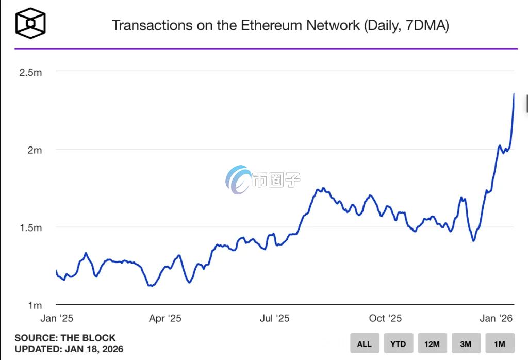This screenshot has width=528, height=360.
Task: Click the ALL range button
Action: [365, 343]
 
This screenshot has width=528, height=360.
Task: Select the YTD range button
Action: [398, 343]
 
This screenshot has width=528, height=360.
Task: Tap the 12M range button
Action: [432, 343]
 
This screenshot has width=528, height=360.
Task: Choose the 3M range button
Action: [466, 343]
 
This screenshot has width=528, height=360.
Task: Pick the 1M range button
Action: [500, 343]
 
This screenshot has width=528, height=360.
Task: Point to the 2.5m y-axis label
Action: [30, 72]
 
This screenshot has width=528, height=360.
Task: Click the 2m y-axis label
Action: [34, 150]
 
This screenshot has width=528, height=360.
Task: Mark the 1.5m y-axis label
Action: [30, 228]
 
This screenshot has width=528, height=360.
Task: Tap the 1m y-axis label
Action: [34, 305]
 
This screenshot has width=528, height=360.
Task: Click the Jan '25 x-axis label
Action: [57, 318]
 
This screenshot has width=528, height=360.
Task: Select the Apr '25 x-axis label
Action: [165, 318]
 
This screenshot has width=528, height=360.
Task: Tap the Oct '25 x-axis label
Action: [385, 318]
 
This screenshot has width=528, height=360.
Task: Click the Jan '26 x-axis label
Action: [497, 318]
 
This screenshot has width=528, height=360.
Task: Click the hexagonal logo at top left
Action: [30, 23]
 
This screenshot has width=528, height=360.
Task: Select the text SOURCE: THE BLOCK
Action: [65, 338]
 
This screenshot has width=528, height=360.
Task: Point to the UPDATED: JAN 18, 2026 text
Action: [69, 349]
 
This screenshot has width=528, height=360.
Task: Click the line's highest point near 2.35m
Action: [514, 94]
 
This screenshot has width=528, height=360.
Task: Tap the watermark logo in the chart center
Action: [238, 179]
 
